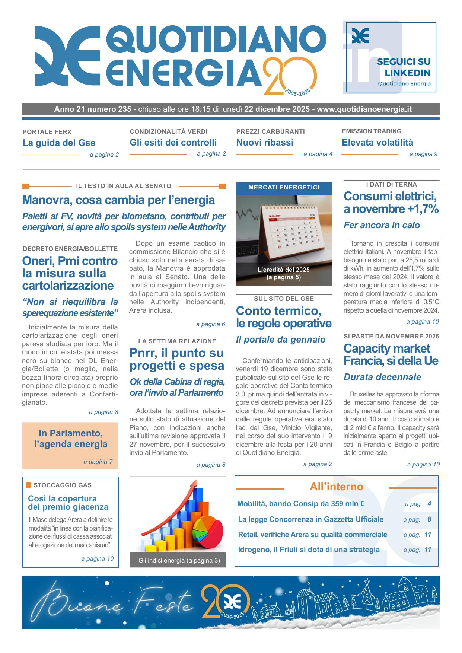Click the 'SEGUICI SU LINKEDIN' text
point(404,67)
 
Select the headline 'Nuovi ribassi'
point(265,143)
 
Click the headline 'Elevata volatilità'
point(377,143)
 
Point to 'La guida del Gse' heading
point(59,143)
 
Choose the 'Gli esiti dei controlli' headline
point(173,143)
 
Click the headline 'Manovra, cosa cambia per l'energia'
point(118,200)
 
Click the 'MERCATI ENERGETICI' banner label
point(284,188)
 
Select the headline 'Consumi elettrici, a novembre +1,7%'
point(391,203)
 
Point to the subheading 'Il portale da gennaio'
point(281,340)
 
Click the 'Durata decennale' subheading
point(382,377)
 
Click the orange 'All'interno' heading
point(336,487)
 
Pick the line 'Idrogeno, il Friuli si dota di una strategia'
point(309,550)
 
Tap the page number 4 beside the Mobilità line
point(429,504)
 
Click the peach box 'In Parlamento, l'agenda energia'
point(70,439)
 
